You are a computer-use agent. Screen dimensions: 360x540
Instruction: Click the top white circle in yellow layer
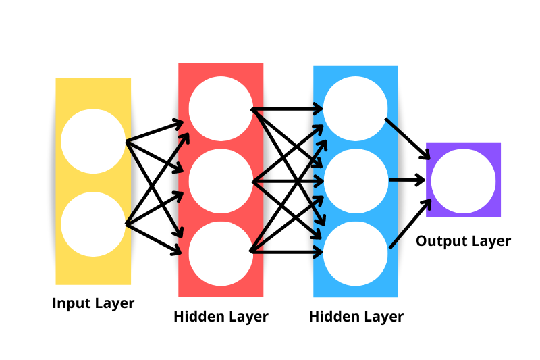point(93,140)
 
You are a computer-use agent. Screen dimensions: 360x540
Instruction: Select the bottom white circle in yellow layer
point(93,224)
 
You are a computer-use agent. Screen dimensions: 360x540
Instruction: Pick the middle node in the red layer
point(221,181)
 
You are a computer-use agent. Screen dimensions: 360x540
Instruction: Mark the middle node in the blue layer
point(356,181)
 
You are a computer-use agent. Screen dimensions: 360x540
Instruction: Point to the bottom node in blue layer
point(356,253)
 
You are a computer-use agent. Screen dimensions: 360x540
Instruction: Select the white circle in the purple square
point(463,180)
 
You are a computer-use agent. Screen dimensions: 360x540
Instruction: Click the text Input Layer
point(93,303)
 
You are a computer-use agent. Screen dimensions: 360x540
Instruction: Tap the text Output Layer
point(463,241)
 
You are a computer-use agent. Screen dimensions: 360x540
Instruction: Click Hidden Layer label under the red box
point(221,317)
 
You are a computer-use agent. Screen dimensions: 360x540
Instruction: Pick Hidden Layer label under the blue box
point(356,317)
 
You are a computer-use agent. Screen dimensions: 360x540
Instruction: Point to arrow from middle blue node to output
point(407,180)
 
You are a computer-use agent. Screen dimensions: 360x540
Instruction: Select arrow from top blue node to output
point(407,139)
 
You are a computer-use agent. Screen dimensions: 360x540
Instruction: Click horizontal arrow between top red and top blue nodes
point(287,108)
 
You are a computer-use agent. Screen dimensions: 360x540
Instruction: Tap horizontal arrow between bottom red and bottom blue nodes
point(287,252)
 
